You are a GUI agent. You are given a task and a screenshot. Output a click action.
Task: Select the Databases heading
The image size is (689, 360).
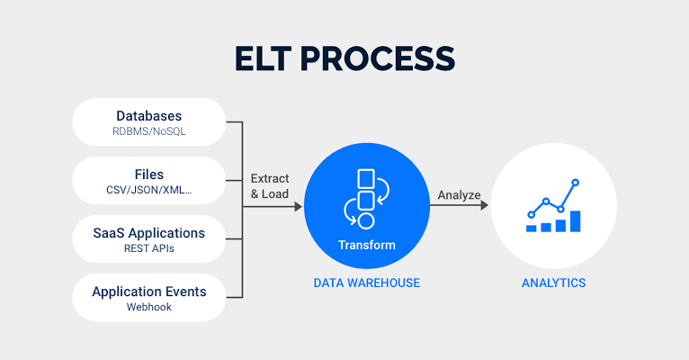point(149,116)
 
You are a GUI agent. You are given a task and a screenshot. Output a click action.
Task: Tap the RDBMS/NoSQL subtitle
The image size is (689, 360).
point(149,132)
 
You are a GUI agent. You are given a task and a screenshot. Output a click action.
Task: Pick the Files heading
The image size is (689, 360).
point(149,175)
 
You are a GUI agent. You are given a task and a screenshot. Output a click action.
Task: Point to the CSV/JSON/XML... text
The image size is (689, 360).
point(149,191)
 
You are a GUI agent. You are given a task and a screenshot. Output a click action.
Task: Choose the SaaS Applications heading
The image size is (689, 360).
point(149,233)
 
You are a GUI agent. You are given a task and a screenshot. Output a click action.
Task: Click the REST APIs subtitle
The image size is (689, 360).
point(149,249)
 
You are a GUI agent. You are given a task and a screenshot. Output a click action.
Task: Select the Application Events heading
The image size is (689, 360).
point(149,292)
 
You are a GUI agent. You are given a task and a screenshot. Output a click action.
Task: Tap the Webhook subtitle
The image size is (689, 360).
point(149,308)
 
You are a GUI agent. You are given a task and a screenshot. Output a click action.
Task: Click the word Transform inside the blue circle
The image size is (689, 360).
point(366,245)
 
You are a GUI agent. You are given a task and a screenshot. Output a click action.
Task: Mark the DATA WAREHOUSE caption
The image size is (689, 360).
point(366,283)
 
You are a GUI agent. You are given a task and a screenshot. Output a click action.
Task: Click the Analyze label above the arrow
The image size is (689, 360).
point(459,194)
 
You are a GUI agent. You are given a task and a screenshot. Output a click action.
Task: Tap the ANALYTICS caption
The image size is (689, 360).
point(553,283)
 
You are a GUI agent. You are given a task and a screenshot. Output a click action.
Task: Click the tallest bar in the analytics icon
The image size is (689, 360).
point(576,221)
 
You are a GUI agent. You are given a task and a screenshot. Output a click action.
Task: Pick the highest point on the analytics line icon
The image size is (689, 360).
point(576,183)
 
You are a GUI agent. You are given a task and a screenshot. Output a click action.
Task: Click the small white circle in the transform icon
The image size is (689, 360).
point(366,220)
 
